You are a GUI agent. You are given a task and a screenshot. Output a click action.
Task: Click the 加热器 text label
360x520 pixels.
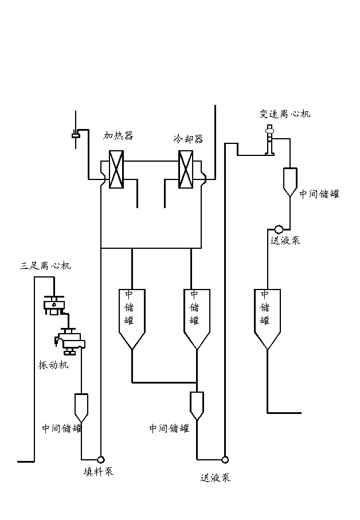(118, 136)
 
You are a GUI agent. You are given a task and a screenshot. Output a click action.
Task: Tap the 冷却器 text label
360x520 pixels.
(189, 139)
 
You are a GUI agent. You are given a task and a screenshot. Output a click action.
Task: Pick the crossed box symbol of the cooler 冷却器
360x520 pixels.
(186, 169)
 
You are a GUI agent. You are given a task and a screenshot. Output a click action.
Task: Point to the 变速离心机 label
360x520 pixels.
(284, 114)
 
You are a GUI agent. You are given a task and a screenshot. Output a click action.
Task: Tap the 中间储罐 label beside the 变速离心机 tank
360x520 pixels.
(319, 194)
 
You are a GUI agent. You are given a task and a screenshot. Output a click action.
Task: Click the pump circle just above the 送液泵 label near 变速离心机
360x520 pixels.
(279, 229)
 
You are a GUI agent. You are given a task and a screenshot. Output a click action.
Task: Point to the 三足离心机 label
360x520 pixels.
(46, 266)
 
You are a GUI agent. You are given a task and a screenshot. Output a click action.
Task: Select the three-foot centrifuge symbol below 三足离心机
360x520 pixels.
(53, 305)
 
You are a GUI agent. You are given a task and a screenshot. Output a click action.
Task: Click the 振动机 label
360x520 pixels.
(53, 365)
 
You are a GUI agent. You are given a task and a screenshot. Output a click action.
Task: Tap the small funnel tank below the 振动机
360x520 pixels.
(81, 406)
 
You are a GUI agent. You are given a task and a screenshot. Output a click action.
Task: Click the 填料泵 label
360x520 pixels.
(99, 472)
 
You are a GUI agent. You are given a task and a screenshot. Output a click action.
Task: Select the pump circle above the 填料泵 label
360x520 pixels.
(101, 459)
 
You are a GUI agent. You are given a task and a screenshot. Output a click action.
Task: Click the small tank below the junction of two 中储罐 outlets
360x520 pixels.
(197, 405)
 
